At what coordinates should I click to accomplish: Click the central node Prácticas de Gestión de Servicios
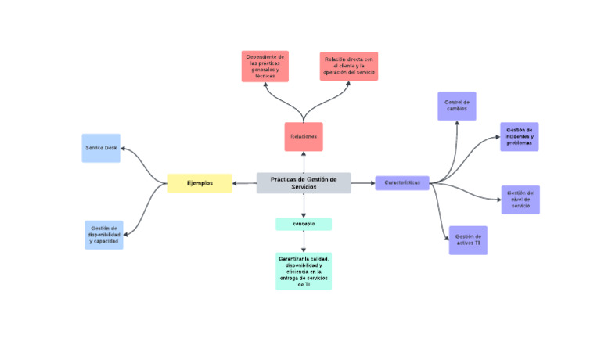point(304,182)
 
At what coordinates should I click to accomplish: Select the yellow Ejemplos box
point(200,183)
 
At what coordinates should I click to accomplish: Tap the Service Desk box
point(101,148)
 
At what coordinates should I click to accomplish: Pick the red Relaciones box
point(304,137)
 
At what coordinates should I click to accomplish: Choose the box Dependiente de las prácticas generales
point(265,67)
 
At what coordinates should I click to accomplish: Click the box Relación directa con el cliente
point(348,67)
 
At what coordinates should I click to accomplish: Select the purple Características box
point(402,183)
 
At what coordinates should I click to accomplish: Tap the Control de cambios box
point(456,106)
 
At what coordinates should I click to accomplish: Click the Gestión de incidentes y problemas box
point(519,137)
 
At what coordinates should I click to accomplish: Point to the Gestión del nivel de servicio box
point(520,199)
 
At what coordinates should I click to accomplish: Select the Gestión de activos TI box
point(468,239)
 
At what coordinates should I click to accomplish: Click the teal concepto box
point(304,224)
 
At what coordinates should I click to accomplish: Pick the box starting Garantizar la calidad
point(304,271)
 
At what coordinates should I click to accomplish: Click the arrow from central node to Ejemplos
point(245,183)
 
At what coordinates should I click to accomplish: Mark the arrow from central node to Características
point(362,183)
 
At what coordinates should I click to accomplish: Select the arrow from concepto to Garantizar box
point(304,241)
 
